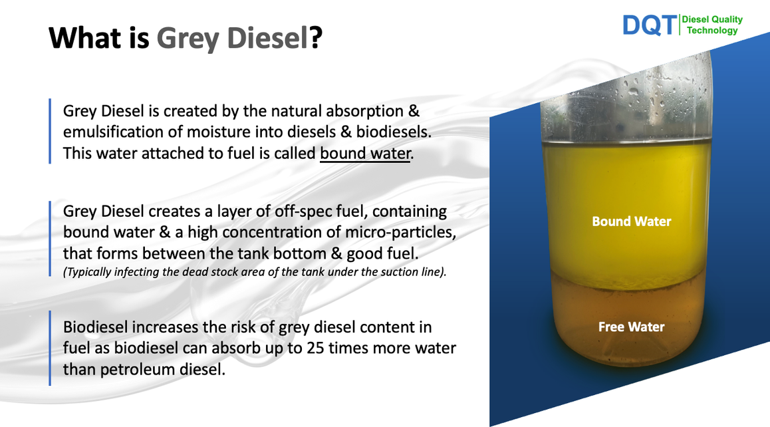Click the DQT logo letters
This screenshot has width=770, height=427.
click(x=649, y=25)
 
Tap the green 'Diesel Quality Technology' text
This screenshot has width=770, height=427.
click(x=712, y=25)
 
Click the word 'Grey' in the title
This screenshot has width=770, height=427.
click(x=187, y=39)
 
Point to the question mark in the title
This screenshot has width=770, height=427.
click(x=316, y=37)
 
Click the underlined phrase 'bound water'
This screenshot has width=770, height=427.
click(x=365, y=153)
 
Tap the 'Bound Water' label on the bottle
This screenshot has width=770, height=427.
click(x=632, y=221)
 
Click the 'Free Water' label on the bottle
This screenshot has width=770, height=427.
click(x=632, y=327)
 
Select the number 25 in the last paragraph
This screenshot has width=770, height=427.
click(x=317, y=348)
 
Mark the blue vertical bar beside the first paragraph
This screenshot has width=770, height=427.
click(x=50, y=131)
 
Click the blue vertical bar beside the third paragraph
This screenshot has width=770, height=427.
click(x=50, y=348)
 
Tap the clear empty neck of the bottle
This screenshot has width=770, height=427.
click(x=627, y=98)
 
